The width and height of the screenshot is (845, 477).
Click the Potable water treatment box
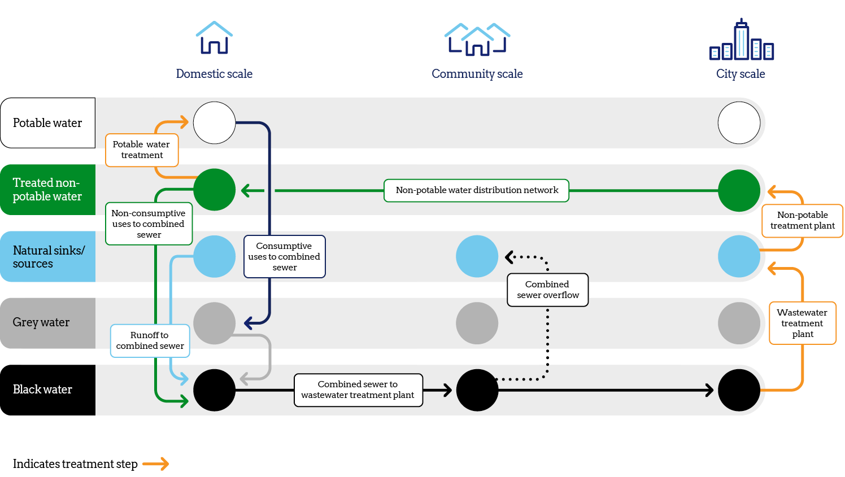pos(142,150)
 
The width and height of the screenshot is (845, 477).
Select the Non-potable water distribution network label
pos(476,190)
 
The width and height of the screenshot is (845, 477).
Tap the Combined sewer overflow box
pos(547,290)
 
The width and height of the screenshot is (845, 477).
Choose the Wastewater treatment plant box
pos(802,323)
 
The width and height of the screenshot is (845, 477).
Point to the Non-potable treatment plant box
pos(802,221)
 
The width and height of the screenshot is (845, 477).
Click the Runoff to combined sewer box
pos(150,341)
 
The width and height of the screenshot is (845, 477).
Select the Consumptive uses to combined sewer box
pos(284,257)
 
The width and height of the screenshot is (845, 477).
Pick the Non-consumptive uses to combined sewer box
pos(149,224)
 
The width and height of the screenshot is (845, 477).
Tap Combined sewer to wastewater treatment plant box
pos(358,390)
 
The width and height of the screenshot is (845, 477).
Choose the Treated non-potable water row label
pos(47,190)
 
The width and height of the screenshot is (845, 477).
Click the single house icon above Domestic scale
pos(214,38)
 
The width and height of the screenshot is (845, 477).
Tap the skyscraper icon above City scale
pos(741,40)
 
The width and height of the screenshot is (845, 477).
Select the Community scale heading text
pos(477,74)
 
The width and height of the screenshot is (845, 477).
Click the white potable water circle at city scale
pos(739,123)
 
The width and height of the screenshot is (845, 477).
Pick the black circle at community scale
pos(477,390)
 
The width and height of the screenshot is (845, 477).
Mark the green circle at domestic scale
pos(214,190)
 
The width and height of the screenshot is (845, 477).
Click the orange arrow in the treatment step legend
pos(156,464)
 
